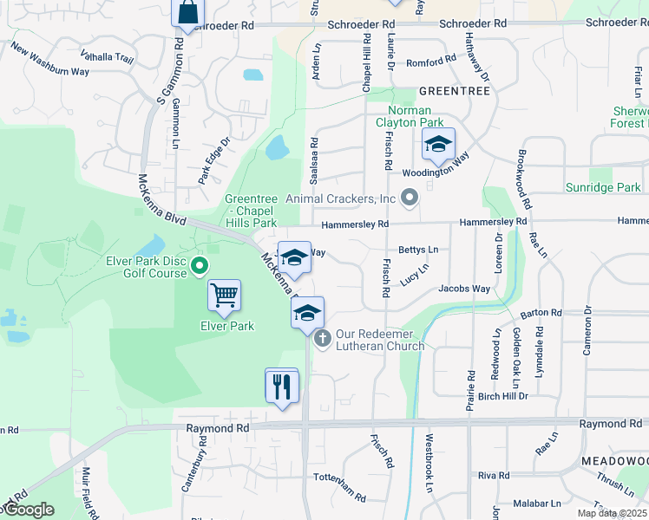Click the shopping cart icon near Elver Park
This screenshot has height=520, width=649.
click(225, 296)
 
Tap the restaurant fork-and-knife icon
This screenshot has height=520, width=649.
click(281, 385)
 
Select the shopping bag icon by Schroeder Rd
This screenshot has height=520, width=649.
click(187, 13)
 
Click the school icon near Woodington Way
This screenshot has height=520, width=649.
click(438, 145)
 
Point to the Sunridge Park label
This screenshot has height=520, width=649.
click(603, 187)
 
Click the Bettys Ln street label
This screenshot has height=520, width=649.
click(417, 250)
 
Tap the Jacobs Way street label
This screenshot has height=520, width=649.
click(464, 289)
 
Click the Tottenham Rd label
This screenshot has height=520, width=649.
click(339, 487)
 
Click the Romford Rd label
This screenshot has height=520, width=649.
click(430, 61)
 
